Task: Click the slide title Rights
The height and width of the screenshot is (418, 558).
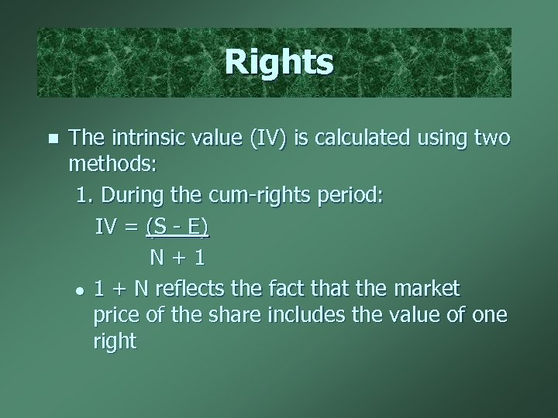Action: (279, 63)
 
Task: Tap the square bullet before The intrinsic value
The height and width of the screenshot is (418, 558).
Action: (53, 139)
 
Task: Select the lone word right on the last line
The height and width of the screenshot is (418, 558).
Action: (114, 341)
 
